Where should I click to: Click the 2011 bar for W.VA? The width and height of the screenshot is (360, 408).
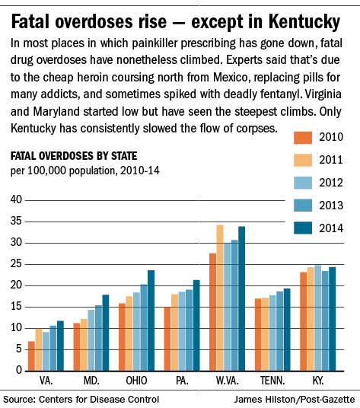click(220, 298)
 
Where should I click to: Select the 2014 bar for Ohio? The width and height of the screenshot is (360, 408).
click(151, 320)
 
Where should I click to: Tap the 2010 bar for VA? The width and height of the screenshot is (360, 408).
click(31, 356)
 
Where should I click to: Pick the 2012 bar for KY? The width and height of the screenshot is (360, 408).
click(317, 318)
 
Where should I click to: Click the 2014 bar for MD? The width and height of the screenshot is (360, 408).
click(106, 333)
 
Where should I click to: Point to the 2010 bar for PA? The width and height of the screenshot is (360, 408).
click(167, 339)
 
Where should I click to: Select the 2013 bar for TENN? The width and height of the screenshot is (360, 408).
click(279, 331)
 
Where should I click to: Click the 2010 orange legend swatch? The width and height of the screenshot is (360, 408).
click(303, 137)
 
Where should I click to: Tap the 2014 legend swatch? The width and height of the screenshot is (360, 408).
click(303, 228)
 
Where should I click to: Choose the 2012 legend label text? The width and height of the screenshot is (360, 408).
click(331, 183)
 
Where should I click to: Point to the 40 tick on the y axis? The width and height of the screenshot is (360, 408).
click(16, 199)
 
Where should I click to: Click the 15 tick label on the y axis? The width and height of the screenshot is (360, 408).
click(16, 306)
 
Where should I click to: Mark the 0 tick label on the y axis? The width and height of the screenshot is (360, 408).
click(19, 370)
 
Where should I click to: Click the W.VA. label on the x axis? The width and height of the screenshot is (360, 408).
click(227, 381)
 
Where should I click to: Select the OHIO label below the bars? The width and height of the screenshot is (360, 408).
click(136, 381)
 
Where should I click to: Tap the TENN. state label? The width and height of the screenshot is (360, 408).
click(272, 381)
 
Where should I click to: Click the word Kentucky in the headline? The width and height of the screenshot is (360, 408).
click(304, 22)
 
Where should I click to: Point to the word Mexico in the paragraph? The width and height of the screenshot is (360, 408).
click(232, 78)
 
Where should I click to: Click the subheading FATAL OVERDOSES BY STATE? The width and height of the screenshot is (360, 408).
click(74, 156)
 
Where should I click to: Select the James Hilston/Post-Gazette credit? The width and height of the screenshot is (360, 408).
click(295, 400)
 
